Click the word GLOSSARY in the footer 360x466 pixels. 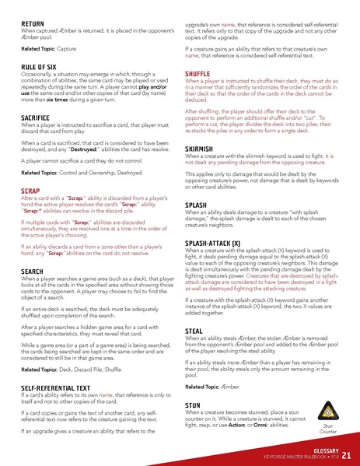click(320, 449)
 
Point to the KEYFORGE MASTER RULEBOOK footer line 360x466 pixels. click(298, 457)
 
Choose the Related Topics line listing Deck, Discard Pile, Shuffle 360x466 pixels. click(72, 368)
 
